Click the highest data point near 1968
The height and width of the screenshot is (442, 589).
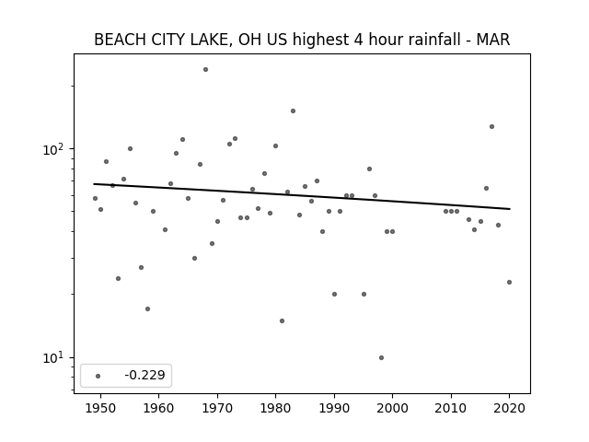[x=205, y=70]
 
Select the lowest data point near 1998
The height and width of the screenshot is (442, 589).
[x=381, y=358]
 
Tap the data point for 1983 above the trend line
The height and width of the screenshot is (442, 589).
[x=293, y=110]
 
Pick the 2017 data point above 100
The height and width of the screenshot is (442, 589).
[x=491, y=127]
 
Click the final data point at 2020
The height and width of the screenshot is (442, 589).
[x=509, y=283]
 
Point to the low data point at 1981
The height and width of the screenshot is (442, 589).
[x=283, y=321]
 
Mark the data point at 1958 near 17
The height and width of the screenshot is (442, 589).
[x=147, y=309]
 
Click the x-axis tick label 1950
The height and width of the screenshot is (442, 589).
[x=100, y=408]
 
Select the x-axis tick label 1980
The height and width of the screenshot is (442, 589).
[x=276, y=408]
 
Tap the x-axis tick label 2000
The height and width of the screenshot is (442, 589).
[x=393, y=408]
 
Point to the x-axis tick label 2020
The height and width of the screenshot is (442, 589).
[x=509, y=408]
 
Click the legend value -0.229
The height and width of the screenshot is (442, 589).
[x=145, y=375]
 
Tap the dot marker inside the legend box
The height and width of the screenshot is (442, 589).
[x=98, y=376]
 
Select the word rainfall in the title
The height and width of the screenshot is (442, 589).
[x=434, y=40]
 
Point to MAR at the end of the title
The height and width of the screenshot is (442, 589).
[x=493, y=40]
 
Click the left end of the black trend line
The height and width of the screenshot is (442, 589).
[x=94, y=184]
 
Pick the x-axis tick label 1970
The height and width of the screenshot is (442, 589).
[x=217, y=408]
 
